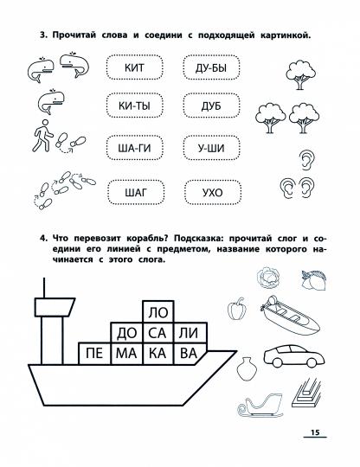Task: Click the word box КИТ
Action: (134, 67)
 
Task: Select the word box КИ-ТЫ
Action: (134, 106)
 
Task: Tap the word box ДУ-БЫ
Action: (211, 68)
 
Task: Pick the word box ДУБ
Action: (211, 106)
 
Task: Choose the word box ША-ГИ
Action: (135, 148)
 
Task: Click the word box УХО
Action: (213, 193)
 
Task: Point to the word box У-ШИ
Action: (211, 148)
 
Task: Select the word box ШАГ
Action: (136, 193)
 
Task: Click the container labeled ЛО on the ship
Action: (158, 312)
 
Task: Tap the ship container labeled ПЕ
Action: (94, 354)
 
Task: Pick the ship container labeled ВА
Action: (189, 354)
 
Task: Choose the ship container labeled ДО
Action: (126, 333)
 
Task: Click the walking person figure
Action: (42, 136)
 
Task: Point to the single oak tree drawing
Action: (300, 74)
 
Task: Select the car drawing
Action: (294, 356)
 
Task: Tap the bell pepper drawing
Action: (237, 309)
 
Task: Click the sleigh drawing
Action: (260, 406)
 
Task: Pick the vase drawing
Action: (247, 369)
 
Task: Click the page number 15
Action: (315, 432)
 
